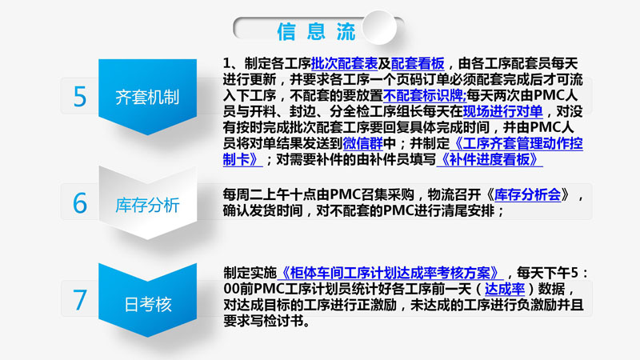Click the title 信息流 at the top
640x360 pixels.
[316, 31]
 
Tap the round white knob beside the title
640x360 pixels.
[379, 27]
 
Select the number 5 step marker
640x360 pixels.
[80, 97]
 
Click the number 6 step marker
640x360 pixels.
[80, 203]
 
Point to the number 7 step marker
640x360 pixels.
[80, 300]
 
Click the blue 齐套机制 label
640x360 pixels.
[147, 97]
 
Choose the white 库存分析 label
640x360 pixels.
[147, 204]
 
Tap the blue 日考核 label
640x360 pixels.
[147, 303]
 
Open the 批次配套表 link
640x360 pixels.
[344, 64]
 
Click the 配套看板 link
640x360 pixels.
[418, 64]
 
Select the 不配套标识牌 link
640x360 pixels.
[425, 95]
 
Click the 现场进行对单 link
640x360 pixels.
[503, 111]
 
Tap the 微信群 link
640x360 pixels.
[363, 143]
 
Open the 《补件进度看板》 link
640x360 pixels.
[490, 159]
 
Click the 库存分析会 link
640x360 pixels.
[528, 194]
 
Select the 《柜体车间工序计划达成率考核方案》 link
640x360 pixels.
[390, 273]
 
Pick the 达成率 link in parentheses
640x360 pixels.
[505, 289]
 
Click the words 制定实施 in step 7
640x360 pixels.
[250, 273]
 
